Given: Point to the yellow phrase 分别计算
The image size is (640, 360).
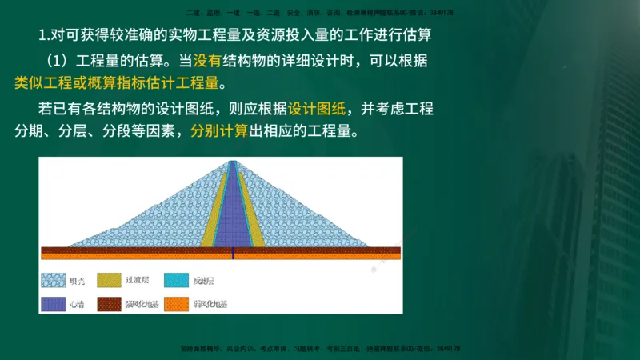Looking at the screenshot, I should [x=219, y=131].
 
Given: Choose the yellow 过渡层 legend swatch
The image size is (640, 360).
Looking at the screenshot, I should [x=109, y=281].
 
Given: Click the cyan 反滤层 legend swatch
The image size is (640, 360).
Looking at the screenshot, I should [x=175, y=281].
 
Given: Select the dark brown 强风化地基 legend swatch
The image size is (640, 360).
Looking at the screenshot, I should [x=109, y=305].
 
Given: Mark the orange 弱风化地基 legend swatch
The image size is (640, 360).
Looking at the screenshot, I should [x=175, y=305].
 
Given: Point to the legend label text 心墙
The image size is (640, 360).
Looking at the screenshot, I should [x=77, y=305].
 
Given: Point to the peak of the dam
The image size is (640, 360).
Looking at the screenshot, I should [x=232, y=162].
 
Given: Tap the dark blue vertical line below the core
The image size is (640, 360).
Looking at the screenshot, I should [x=232, y=253].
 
